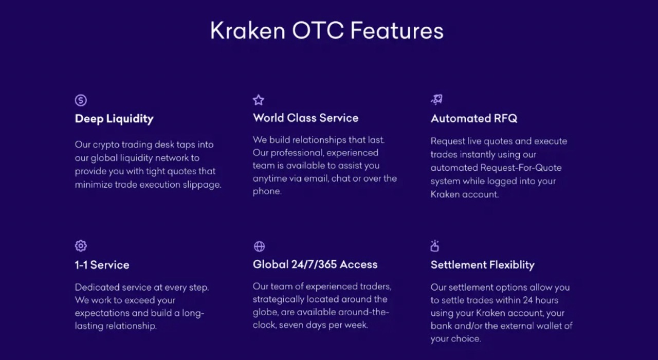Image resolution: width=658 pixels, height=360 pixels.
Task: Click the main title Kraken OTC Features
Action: click(326, 31)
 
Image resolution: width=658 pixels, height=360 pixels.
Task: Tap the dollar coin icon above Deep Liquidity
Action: click(81, 100)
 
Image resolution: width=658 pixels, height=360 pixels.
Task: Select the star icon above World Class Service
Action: click(259, 100)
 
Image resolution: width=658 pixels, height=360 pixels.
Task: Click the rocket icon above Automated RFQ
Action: click(436, 100)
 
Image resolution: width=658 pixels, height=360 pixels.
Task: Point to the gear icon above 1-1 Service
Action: click(81, 246)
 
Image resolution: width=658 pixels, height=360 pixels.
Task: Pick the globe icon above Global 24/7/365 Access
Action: click(259, 246)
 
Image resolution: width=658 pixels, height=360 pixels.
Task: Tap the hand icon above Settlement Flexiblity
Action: click(435, 246)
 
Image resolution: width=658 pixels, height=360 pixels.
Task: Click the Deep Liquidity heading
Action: click(114, 119)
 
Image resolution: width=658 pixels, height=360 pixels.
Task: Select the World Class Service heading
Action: click(305, 118)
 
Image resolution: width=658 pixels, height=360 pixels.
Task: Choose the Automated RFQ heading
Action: click(474, 118)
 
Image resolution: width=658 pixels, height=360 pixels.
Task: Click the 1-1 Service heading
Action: click(102, 265)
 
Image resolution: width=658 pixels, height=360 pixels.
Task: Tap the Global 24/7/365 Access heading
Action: click(315, 264)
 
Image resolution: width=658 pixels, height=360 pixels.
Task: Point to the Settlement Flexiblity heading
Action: click(482, 265)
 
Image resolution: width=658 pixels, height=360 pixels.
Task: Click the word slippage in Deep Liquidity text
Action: click(202, 185)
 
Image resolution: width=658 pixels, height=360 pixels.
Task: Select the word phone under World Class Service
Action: click(266, 191)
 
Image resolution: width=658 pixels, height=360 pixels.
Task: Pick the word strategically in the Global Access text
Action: click(279, 299)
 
